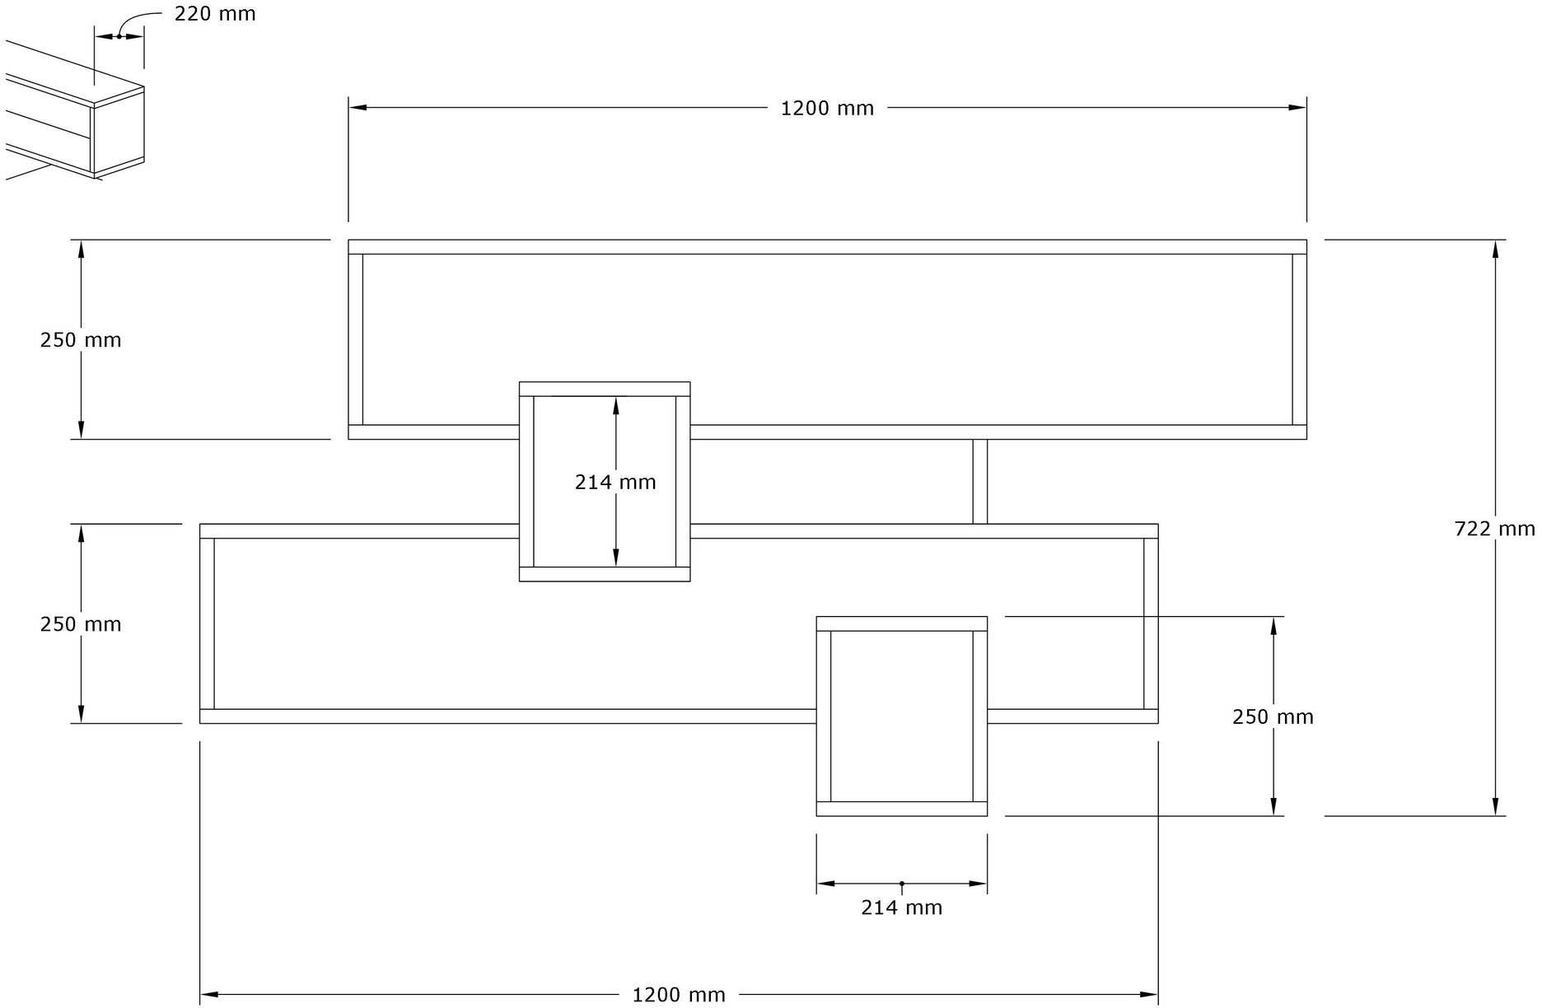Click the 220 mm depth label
pos(215,14)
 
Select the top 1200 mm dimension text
pos(827,109)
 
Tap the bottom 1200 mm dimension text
pos(679,996)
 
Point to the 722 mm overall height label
pos(1494,529)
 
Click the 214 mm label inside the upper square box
pos(615,483)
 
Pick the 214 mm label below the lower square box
pos(901,908)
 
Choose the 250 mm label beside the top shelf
pos(81,340)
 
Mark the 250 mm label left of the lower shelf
pos(81,624)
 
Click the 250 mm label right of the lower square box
pos(1273,717)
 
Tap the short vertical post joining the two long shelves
pos(980,482)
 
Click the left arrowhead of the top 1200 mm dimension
pos(357,107)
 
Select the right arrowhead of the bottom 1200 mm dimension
pos(1149,994)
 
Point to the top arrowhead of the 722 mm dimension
pos(1495,249)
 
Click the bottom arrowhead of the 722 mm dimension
pos(1495,806)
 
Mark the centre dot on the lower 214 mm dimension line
pos(902,884)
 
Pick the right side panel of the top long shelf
pos(1300,339)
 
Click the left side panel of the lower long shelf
pos(208,623)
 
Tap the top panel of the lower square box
pos(902,623)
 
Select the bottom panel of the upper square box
pos(605,574)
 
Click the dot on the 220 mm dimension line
pos(119,35)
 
